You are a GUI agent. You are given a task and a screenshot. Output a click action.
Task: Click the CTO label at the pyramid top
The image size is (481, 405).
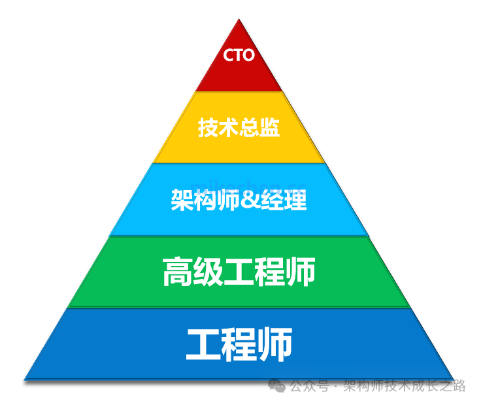coord(239,56)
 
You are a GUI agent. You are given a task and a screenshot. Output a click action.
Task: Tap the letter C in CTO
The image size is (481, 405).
coord(229,56)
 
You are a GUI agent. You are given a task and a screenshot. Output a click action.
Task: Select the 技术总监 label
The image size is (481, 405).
coord(239,127)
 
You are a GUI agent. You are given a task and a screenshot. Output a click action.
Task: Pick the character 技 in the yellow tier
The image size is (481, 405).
coord(208,127)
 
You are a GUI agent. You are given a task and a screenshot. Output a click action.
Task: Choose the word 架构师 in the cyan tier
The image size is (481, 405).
coord(204,200)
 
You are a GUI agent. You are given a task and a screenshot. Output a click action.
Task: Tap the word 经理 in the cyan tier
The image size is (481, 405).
coord(284,200)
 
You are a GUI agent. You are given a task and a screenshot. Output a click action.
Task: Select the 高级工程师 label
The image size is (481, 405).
coord(239,272)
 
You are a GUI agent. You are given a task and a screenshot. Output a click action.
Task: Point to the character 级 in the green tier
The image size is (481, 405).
coord(208,272)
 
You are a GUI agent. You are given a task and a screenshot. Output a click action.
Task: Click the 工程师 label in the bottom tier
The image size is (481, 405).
coord(239,344)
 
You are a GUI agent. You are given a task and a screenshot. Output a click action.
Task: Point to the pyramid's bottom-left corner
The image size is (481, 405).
coord(25,380)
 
